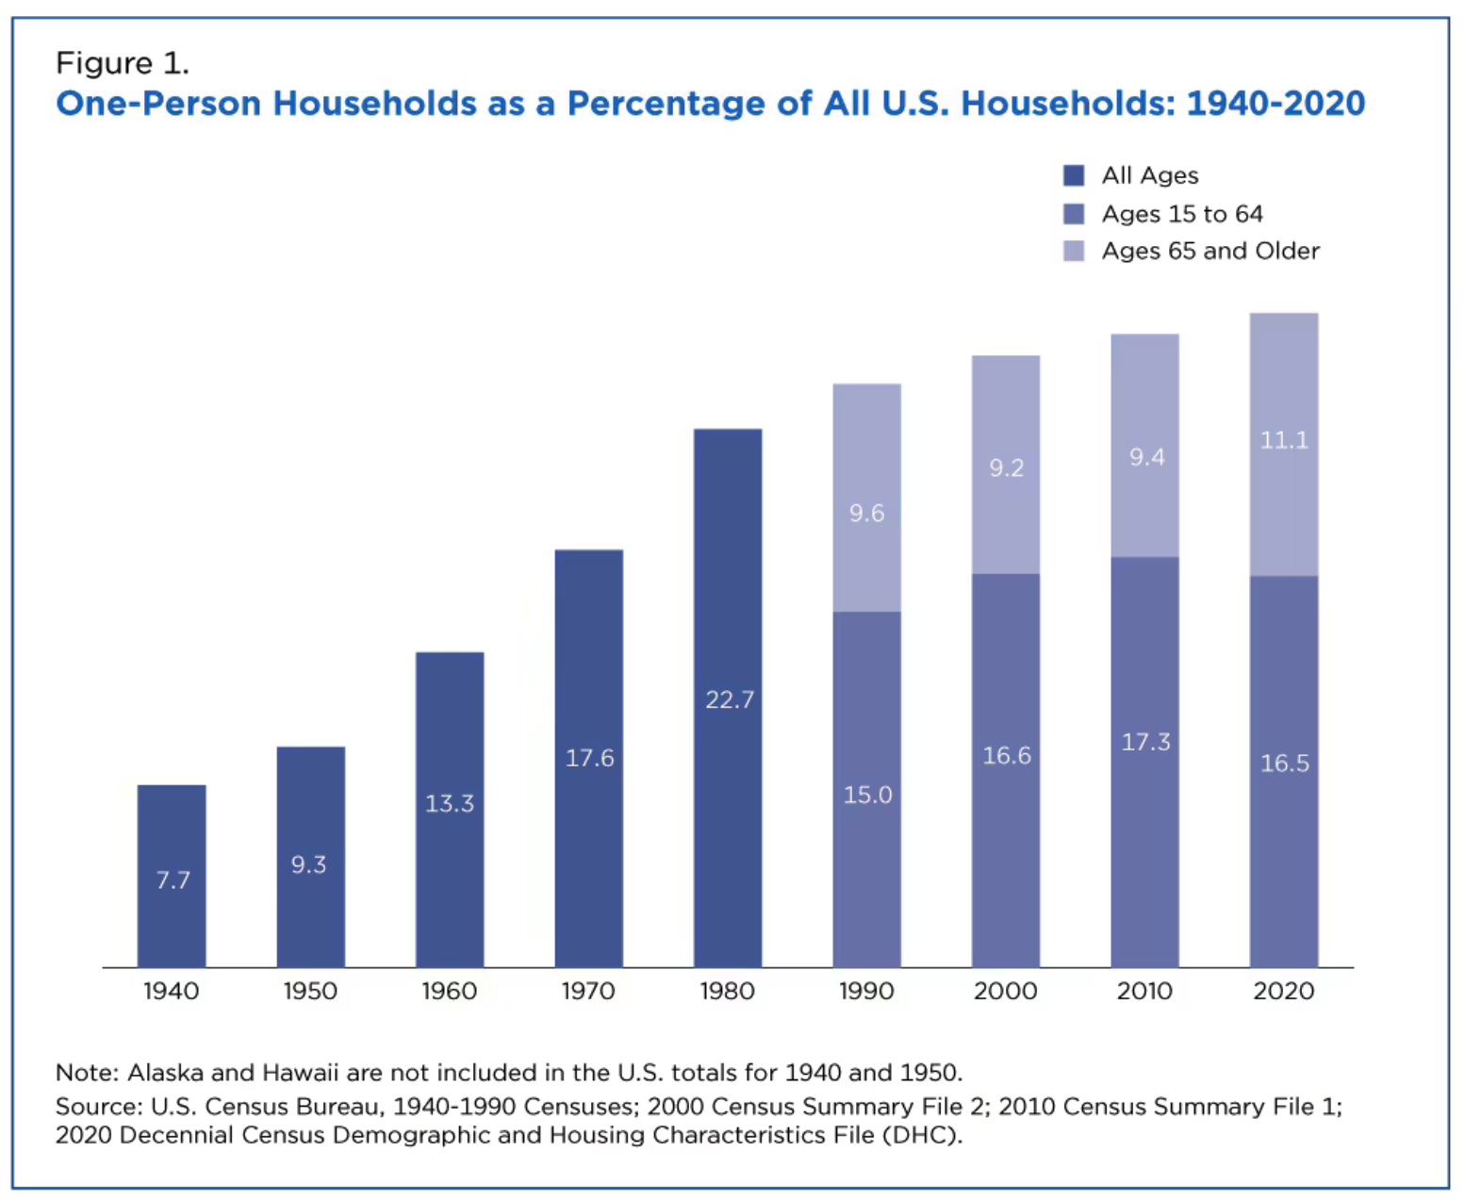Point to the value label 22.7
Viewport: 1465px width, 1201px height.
730,699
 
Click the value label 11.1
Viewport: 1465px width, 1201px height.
1284,440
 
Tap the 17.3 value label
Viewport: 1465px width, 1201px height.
1145,742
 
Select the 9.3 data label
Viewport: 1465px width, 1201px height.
308,864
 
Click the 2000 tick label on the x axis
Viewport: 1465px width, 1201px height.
1005,991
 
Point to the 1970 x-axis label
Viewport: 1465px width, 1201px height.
588,991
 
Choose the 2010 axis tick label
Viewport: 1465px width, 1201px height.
1144,991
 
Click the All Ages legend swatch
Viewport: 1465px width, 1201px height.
1074,175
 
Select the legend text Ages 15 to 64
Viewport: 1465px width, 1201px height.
1182,214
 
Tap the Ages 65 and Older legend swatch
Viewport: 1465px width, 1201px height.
1074,251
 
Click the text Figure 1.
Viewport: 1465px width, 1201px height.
123,63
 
